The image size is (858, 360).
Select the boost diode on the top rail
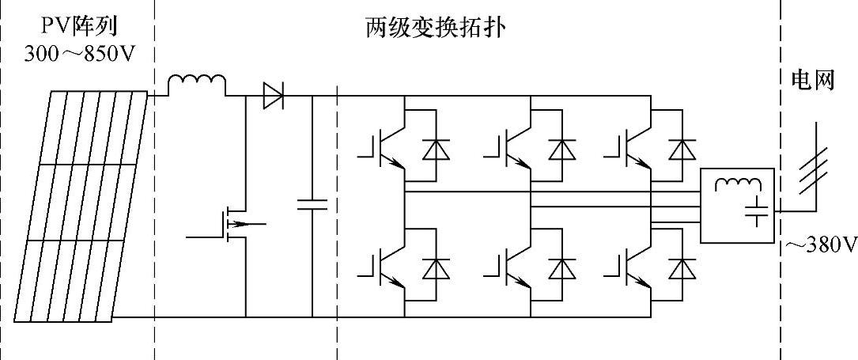(274, 97)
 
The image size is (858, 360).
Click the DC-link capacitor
(312, 205)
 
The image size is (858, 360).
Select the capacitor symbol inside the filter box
(758, 211)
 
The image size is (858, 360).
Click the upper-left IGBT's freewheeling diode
(434, 148)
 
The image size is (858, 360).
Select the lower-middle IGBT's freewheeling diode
(562, 269)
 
